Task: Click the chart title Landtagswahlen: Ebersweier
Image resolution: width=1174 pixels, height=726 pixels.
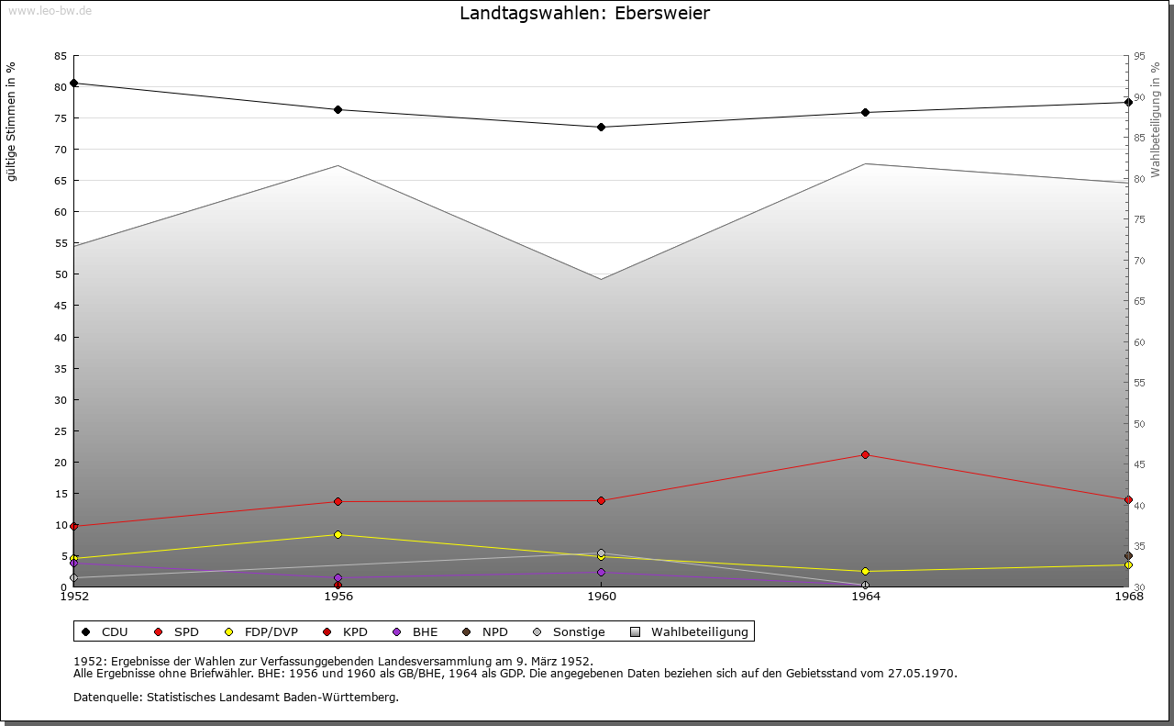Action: point(584,13)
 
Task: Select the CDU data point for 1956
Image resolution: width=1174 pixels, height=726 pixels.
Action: point(338,110)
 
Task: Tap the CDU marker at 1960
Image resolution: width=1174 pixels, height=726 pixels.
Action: point(601,128)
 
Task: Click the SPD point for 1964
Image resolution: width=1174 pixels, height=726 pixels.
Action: point(865,455)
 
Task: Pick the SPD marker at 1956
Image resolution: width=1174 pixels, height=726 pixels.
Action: point(338,502)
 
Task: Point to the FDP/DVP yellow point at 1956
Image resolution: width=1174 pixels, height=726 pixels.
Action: point(338,535)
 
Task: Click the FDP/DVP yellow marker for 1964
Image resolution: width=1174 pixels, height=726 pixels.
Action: point(865,572)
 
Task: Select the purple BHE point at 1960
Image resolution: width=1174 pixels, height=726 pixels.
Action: point(601,573)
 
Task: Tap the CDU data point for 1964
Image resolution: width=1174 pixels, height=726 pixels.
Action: point(865,113)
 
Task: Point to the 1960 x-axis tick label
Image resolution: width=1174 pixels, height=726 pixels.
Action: point(602,598)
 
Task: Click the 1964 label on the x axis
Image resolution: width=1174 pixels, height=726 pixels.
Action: point(865,598)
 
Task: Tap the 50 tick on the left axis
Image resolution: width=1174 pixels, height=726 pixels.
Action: point(61,274)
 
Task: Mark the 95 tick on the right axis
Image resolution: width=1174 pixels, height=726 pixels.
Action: point(1139,56)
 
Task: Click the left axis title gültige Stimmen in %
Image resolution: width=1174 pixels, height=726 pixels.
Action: point(12,121)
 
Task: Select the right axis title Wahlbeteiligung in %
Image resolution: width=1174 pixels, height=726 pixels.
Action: point(1156,120)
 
